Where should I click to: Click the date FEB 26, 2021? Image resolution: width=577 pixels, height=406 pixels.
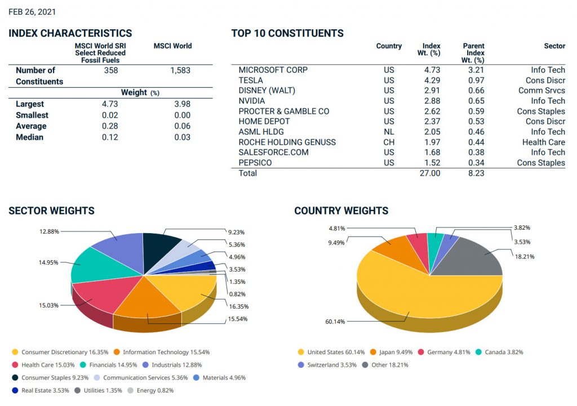click(x=32, y=12)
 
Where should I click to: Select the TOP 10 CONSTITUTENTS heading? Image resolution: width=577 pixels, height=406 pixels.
click(x=287, y=33)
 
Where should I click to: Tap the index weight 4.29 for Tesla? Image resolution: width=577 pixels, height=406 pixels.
click(x=432, y=80)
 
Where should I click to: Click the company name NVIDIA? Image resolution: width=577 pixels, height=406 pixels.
click(x=252, y=101)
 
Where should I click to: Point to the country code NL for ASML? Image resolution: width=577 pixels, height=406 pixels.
click(x=389, y=132)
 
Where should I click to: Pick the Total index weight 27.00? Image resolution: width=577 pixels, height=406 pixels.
click(x=430, y=173)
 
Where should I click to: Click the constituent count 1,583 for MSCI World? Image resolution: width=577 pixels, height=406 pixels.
click(x=180, y=70)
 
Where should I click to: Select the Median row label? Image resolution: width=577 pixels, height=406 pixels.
click(x=29, y=137)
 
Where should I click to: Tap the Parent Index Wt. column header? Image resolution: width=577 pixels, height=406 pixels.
click(x=473, y=53)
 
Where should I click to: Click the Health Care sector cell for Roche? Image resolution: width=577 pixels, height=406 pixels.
click(x=544, y=142)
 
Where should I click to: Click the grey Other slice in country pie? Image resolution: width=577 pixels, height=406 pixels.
click(x=474, y=257)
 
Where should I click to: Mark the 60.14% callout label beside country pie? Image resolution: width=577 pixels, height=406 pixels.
click(x=335, y=322)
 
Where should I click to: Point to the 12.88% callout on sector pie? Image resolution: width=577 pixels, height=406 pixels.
click(x=50, y=231)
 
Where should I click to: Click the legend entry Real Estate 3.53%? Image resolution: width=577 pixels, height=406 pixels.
click(x=41, y=391)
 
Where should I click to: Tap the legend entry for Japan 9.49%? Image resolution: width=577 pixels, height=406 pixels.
click(x=392, y=353)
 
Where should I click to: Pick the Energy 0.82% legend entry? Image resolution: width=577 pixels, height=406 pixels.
click(x=150, y=391)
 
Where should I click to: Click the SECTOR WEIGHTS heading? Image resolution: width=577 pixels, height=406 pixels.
click(x=51, y=211)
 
